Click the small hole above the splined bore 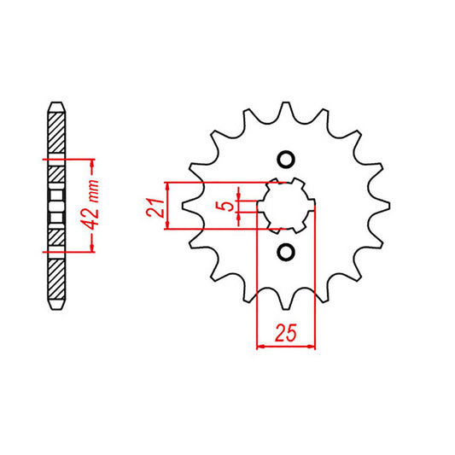click(x=286, y=160)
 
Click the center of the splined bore click(x=286, y=206)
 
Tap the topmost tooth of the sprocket click(x=286, y=100)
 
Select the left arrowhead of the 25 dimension click(x=261, y=346)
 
